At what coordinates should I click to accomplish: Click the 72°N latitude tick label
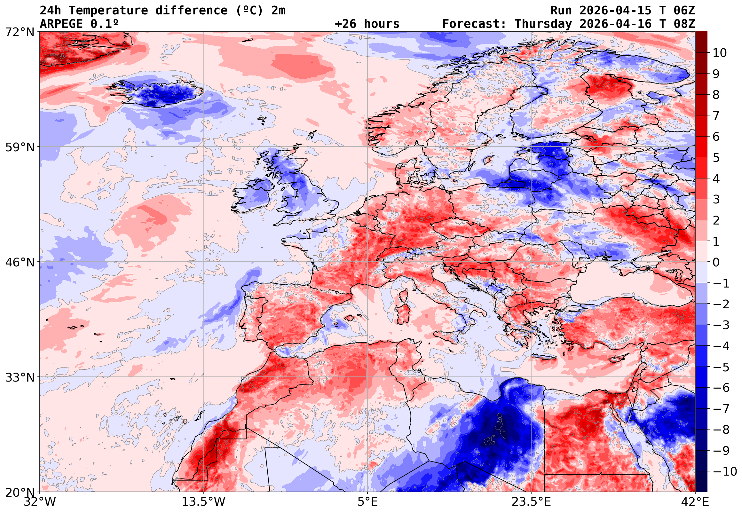pos(20,32)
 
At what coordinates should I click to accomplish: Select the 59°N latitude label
pos(20,147)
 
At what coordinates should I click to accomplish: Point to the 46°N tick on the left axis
pos(20,262)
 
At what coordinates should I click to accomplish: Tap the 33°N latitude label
pos(20,377)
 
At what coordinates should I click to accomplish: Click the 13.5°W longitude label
pos(204,502)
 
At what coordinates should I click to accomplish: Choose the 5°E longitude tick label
pos(367,502)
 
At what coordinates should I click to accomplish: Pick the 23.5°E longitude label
pos(531,502)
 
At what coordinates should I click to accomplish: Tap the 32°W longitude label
pos(40,502)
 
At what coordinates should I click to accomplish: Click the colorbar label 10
pos(720,53)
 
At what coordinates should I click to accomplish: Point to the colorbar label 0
pos(716,262)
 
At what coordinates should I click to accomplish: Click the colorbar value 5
pos(716,158)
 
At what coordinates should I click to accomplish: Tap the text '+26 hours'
pos(367,24)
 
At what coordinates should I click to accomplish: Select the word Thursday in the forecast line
pos(543,24)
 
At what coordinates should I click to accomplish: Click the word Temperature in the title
pos(108,11)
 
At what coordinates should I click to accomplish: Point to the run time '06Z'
pos(684,11)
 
